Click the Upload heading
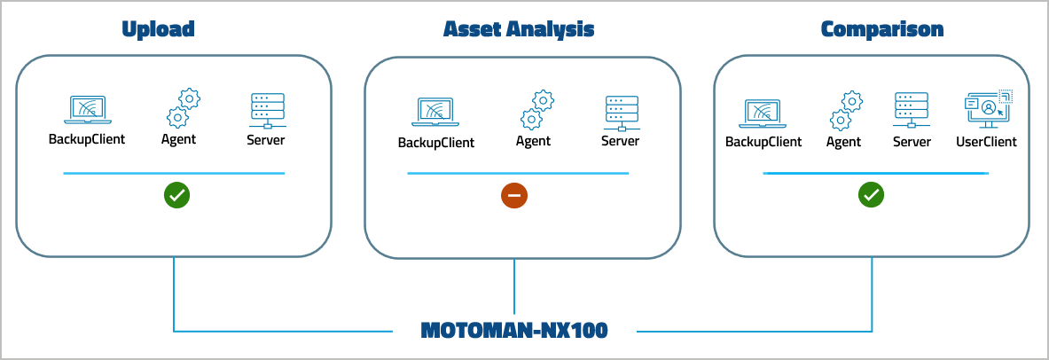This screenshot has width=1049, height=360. click(x=157, y=29)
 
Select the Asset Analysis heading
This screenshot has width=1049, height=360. click(x=519, y=29)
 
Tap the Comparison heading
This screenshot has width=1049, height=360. click(x=881, y=29)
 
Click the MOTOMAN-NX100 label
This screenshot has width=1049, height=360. click(x=514, y=331)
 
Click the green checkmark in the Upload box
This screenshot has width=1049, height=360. click(x=176, y=196)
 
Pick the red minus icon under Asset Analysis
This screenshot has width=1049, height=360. click(x=514, y=196)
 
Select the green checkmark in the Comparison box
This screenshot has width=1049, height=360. click(x=872, y=196)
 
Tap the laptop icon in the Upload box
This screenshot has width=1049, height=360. click(x=86, y=110)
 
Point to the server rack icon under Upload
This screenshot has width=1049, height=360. click(x=267, y=110)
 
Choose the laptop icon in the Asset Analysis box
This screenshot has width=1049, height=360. click(x=434, y=113)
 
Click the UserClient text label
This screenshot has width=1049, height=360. click(x=986, y=142)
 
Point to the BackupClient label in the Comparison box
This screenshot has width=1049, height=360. click(x=763, y=142)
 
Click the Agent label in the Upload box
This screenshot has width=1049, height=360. click(x=179, y=139)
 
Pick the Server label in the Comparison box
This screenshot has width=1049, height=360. click(x=912, y=142)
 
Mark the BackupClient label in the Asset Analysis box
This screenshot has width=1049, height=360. click(x=435, y=143)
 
